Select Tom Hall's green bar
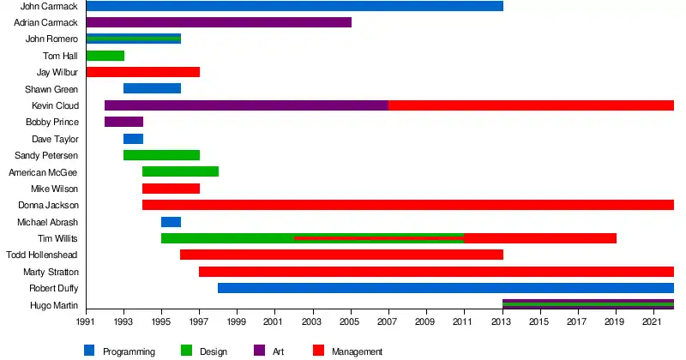point(105,56)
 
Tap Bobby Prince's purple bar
point(123,122)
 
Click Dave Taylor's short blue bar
point(133,139)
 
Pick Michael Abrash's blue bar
point(171,222)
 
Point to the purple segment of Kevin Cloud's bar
point(246,105)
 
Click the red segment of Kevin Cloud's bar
point(531,105)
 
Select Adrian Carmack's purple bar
point(219,22)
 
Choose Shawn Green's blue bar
point(152,88)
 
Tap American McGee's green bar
point(180,171)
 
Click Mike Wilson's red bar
point(171,189)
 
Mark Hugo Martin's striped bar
point(587,304)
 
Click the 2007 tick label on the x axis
point(388,321)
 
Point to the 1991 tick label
point(86,321)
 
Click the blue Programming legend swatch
point(89,350)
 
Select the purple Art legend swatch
point(258,350)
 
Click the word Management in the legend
point(357,351)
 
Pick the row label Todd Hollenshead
point(42,255)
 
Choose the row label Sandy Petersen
point(46,155)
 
